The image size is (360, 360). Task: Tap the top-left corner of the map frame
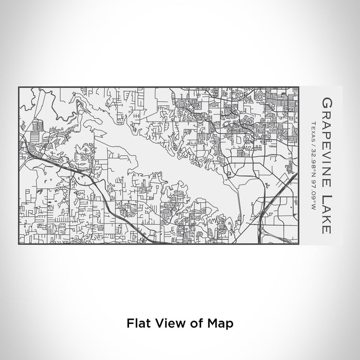(x=19, y=86)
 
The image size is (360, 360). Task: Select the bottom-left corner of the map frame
(x=19, y=245)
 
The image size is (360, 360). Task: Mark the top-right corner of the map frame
(x=299, y=86)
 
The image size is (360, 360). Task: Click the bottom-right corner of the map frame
(x=299, y=245)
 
